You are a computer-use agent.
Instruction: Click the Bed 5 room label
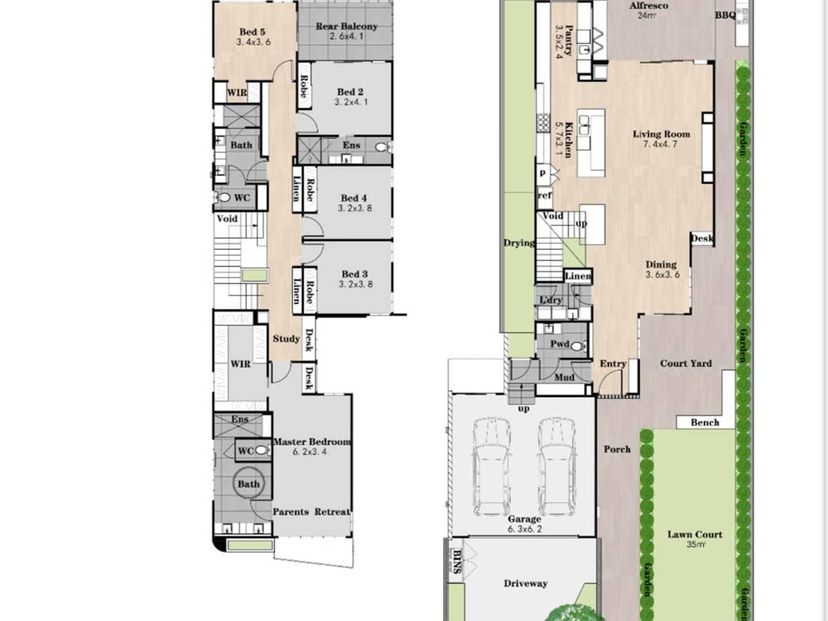(252, 32)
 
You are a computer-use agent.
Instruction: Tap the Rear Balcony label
(346, 27)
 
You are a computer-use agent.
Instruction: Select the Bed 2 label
(351, 92)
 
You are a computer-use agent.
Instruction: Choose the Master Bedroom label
(311, 442)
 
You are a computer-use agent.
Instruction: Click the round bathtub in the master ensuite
(248, 484)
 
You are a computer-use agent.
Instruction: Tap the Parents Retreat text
(310, 512)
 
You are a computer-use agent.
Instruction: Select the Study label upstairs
(286, 339)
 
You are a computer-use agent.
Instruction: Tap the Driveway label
(525, 583)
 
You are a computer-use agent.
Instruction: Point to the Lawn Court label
(695, 534)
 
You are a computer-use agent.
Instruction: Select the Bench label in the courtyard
(704, 422)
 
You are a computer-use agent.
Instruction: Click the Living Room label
(661, 134)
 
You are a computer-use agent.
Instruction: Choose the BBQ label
(725, 15)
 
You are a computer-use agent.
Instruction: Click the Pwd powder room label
(559, 343)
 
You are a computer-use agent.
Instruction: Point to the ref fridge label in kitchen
(544, 196)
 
